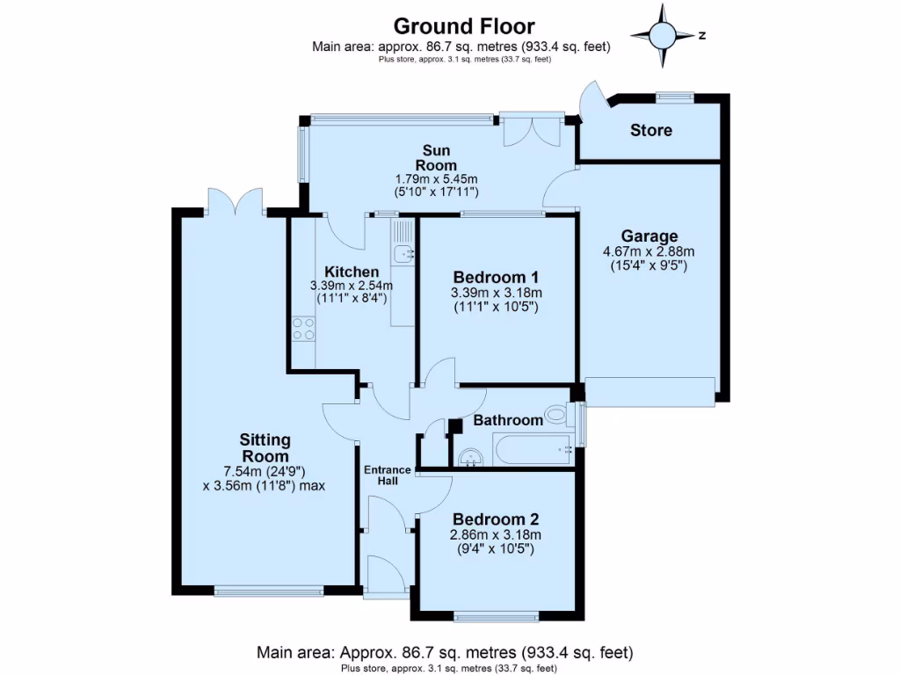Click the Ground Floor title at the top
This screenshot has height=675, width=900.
(463, 26)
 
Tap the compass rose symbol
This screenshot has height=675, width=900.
(663, 35)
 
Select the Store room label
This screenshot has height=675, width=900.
(651, 130)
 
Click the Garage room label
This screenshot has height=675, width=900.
(650, 236)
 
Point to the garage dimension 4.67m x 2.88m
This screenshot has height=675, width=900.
(650, 250)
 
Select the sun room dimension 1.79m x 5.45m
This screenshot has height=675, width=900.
(437, 178)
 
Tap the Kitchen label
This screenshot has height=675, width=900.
(351, 272)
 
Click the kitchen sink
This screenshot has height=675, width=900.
(403, 253)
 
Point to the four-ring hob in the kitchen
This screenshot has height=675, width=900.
(304, 329)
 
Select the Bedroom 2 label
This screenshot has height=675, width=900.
(495, 519)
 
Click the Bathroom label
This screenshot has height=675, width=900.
(508, 420)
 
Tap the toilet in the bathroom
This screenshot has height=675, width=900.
(557, 413)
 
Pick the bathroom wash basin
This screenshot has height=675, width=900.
(470, 456)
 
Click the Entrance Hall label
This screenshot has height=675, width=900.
(388, 475)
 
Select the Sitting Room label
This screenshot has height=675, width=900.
(265, 447)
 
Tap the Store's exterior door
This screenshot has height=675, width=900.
(590, 99)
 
